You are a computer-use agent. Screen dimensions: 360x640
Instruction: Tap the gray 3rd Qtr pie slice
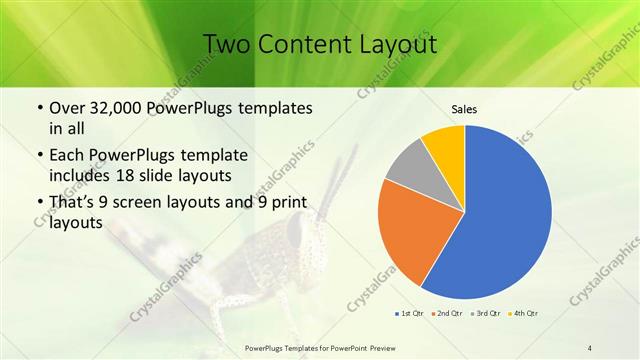[x=409, y=164]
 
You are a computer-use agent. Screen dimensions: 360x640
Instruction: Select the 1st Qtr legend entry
[x=410, y=313]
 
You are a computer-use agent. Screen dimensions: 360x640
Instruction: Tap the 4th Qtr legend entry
[x=526, y=313]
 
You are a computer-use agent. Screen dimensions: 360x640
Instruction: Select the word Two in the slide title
[x=227, y=45]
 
